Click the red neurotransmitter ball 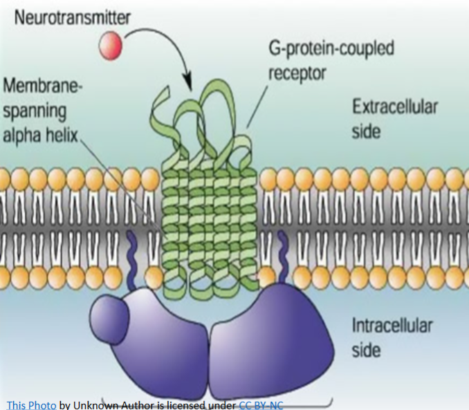tap(110, 46)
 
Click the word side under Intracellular tap(367, 349)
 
